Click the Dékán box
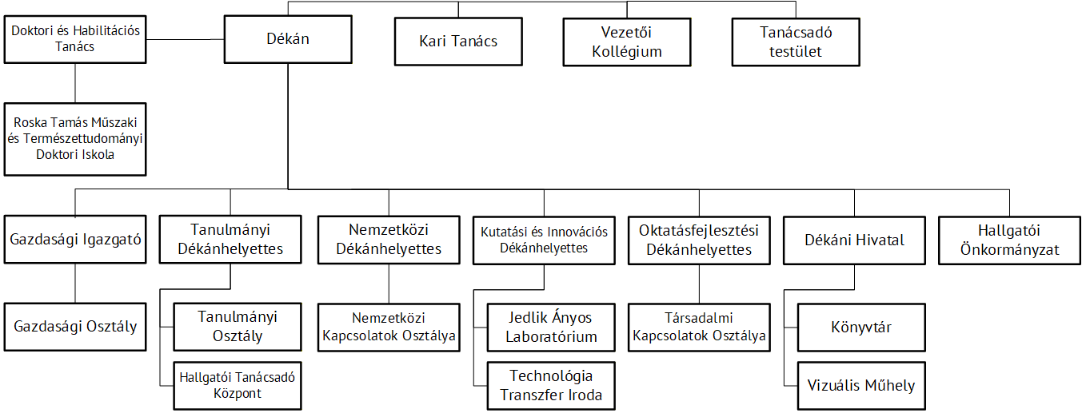pos(288,39)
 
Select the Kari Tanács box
pos(458,42)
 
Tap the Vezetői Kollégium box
pos(627,42)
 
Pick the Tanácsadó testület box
pos(796,42)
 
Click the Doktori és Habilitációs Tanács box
pos(75,39)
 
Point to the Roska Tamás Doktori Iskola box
pos(75,139)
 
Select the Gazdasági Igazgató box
pos(75,240)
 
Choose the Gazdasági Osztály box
pos(75,327)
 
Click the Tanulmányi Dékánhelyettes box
pos(230,240)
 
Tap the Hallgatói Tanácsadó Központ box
pos(238,386)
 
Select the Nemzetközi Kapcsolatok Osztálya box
pos(389,327)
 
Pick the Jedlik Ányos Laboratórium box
pos(551,327)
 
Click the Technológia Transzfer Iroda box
pos(551,386)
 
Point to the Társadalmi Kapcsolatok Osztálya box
pos(699,327)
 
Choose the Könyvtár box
pos(861,327)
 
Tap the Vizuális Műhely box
pos(861,386)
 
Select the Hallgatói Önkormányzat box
pos(1009,240)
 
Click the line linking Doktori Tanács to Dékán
pos(185,39)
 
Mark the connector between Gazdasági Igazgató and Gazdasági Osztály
pos(75,284)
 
